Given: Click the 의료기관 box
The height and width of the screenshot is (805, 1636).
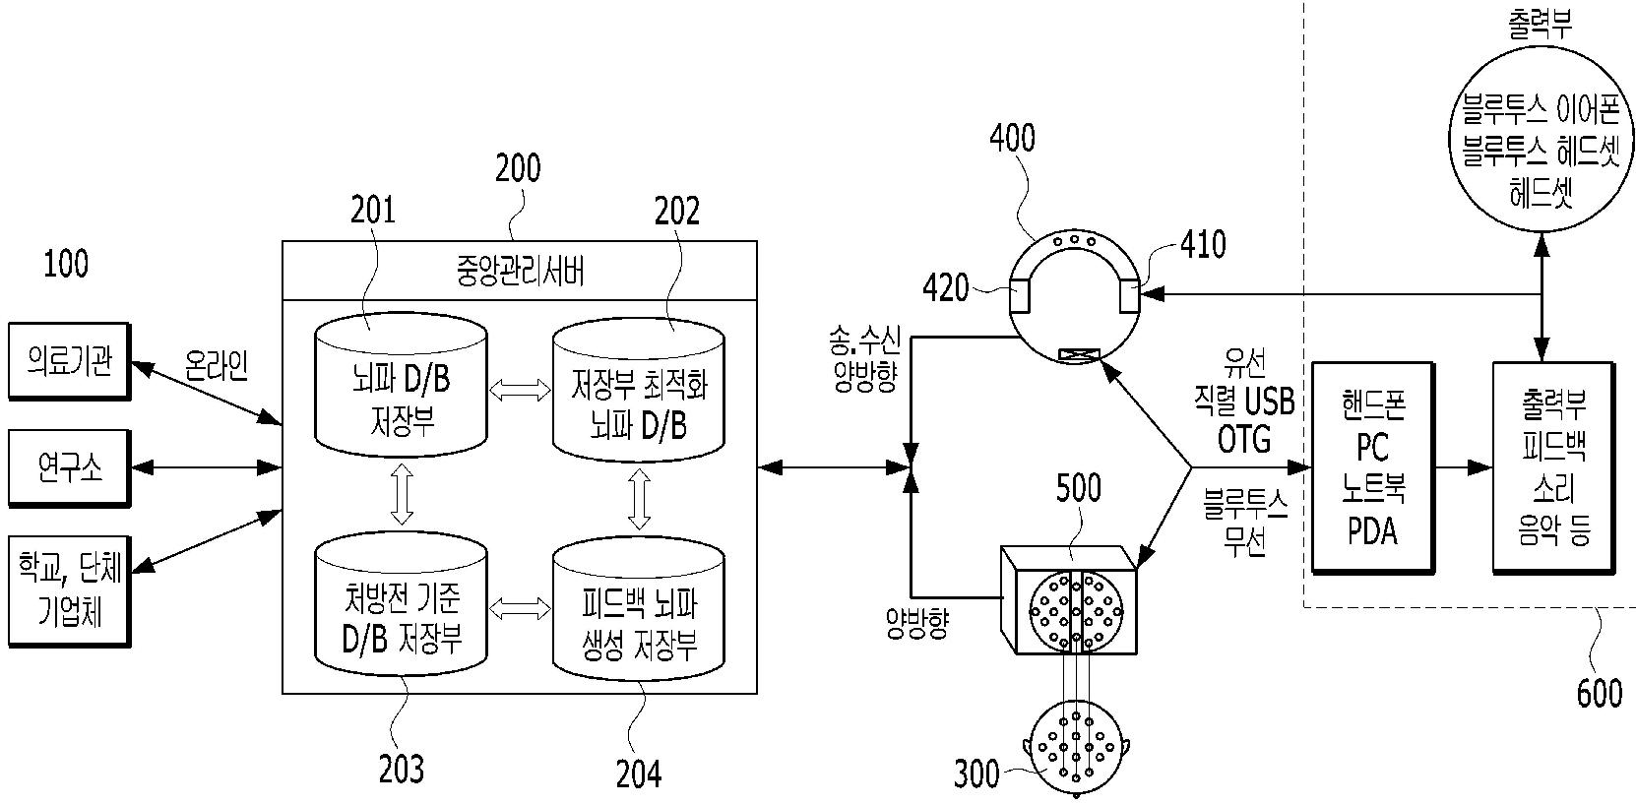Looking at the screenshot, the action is point(69,361).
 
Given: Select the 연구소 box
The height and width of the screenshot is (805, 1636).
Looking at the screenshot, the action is point(69,467).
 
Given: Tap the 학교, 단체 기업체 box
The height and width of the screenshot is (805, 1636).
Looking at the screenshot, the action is point(69,591).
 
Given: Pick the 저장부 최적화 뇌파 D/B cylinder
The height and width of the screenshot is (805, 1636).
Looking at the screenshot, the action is point(638,391).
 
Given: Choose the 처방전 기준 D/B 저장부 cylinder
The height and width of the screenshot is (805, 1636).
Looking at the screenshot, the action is point(401,605).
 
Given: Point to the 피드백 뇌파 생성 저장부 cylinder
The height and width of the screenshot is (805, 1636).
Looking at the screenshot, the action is point(638,609).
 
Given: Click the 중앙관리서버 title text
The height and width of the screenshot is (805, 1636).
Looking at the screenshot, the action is point(520,271).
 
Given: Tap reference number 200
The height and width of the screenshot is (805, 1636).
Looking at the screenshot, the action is point(518,168).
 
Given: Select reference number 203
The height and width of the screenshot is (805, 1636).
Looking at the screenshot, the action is point(401,770).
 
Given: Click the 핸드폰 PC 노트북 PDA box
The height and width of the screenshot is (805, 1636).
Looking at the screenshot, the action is point(1372,467).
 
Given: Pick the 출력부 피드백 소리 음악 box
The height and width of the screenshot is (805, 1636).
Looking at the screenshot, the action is point(1552,467).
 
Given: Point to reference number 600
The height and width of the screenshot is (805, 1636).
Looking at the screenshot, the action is point(1600,693).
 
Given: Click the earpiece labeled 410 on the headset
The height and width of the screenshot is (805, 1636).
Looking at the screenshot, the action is point(1130,295).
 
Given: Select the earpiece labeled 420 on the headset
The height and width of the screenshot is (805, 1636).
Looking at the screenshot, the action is point(1020,295).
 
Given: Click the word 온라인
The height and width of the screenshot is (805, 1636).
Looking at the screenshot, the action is point(217,364).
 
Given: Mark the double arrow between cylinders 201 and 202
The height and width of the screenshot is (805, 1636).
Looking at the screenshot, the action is point(520,390).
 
